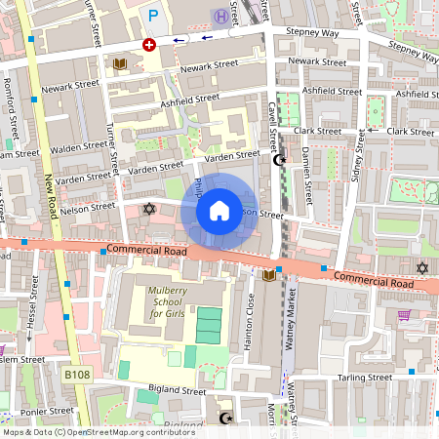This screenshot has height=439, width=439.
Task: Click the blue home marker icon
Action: pyautogui.click(x=219, y=210)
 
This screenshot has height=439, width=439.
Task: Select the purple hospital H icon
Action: pyautogui.click(x=221, y=16)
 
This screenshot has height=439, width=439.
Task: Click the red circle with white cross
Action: pyautogui.click(x=149, y=45)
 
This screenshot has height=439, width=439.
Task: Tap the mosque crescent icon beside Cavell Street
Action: pyautogui.click(x=283, y=160)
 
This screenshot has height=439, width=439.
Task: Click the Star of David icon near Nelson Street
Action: pyautogui.click(x=149, y=209)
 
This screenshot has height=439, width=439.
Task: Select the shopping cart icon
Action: pyautogui.click(x=404, y=315)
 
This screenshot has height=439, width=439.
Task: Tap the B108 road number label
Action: pyautogui.click(x=77, y=374)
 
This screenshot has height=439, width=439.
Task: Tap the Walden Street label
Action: pyautogui.click(x=80, y=145)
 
